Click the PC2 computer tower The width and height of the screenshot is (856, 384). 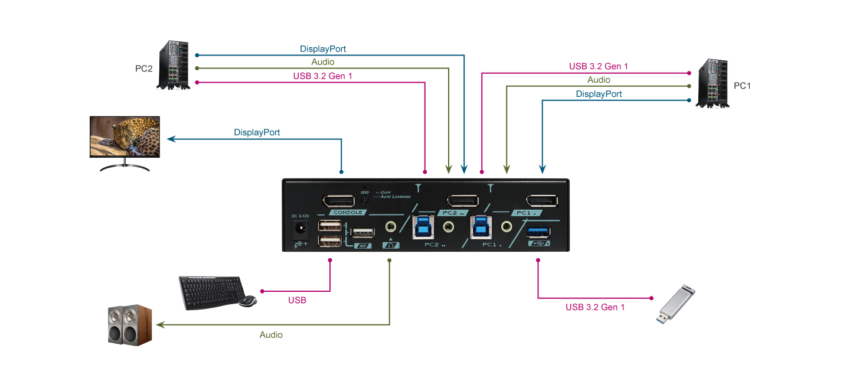pyautogui.click(x=174, y=65)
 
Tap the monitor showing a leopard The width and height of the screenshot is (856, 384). pyautogui.click(x=125, y=137)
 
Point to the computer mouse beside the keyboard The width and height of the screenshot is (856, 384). pyautogui.click(x=248, y=301)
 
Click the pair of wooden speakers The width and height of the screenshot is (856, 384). pyautogui.click(x=130, y=324)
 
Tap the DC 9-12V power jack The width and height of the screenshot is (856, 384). pyautogui.click(x=302, y=229)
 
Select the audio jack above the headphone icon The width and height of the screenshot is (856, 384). pyautogui.click(x=390, y=226)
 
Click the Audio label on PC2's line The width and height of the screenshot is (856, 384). pyautogui.click(x=322, y=62)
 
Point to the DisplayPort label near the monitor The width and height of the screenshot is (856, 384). pyautogui.click(x=257, y=132)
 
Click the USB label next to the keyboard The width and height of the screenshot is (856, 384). pyautogui.click(x=297, y=300)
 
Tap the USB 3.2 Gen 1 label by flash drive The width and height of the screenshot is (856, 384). pyautogui.click(x=594, y=307)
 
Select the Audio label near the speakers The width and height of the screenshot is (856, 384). pyautogui.click(x=271, y=335)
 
